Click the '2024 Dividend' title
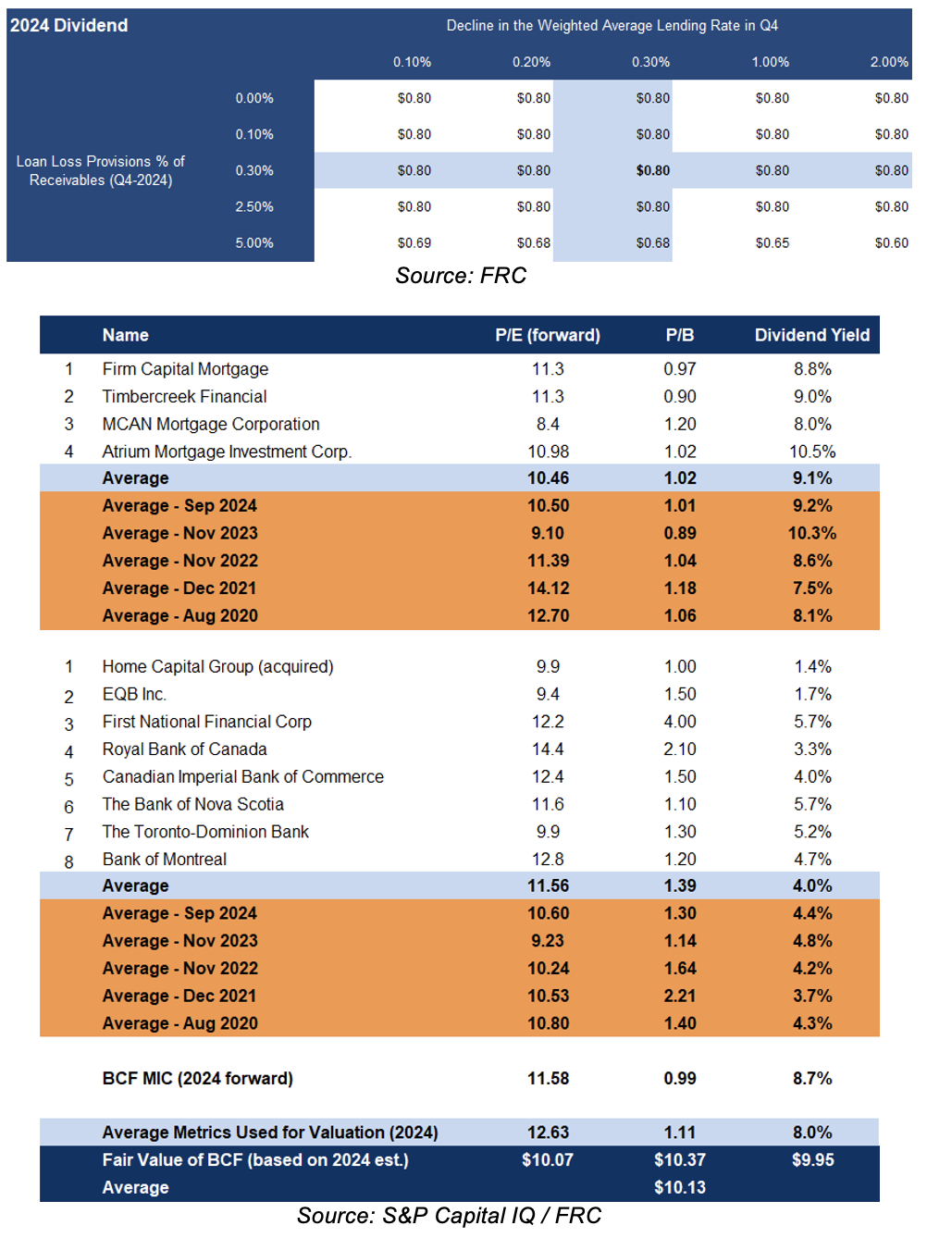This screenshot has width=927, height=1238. (x=68, y=25)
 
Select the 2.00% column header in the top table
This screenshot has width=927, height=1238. (x=889, y=61)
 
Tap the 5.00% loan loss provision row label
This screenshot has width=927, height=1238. (x=254, y=243)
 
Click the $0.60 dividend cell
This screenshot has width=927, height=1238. (x=892, y=243)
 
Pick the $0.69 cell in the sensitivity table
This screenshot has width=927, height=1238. (x=414, y=243)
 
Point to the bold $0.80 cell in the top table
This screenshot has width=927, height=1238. (x=653, y=170)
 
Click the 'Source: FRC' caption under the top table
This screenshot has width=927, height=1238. (x=461, y=275)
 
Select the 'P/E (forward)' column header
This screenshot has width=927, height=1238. (x=548, y=335)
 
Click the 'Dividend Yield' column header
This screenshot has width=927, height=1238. (x=812, y=335)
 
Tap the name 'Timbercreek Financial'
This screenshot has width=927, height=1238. (x=184, y=397)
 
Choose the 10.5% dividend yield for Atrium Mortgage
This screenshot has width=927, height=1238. (x=812, y=452)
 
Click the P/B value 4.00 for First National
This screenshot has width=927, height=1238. (x=680, y=722)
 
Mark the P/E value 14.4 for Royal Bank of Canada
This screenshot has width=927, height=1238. (x=548, y=749)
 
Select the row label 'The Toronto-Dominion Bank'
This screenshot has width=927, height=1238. (x=205, y=832)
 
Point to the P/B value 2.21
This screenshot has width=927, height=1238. (x=680, y=996)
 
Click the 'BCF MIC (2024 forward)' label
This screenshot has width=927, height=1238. (x=197, y=1078)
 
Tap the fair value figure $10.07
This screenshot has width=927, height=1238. (x=548, y=1159)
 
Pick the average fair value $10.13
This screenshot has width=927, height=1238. (x=680, y=1187)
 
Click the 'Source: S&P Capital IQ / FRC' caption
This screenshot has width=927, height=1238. (x=450, y=1216)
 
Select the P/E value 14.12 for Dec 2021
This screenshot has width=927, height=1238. (x=548, y=588)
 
